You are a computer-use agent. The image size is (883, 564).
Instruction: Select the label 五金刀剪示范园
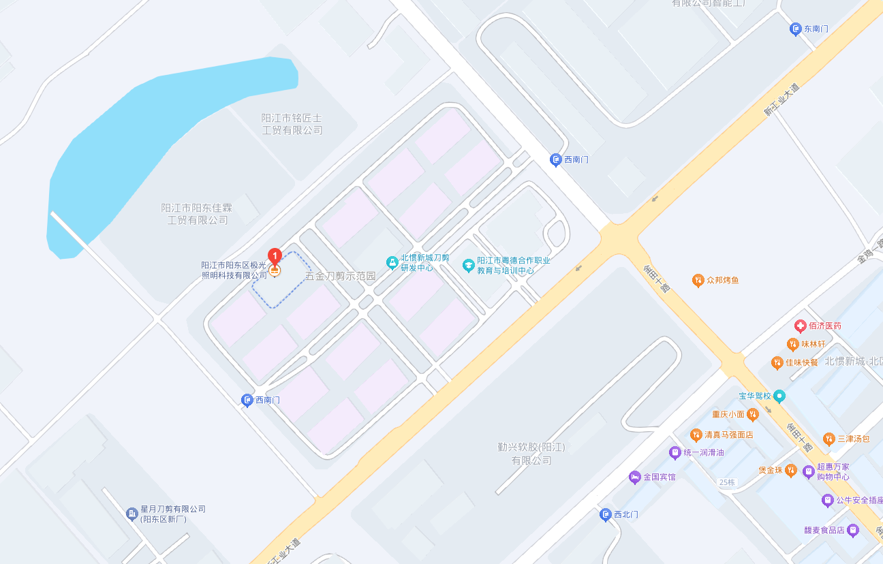(x=340, y=276)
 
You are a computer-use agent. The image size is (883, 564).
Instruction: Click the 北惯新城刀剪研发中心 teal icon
(x=392, y=262)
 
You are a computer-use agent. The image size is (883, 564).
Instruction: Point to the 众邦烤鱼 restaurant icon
(x=698, y=280)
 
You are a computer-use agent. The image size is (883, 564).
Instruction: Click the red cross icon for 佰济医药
(x=800, y=326)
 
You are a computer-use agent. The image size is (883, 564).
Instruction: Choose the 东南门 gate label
(x=816, y=29)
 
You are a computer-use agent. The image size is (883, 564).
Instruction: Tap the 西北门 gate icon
(x=605, y=514)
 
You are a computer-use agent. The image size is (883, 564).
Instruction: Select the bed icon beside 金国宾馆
(x=634, y=477)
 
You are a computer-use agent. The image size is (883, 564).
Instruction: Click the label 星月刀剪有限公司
(x=173, y=509)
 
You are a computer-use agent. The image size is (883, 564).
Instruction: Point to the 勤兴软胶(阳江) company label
(x=531, y=454)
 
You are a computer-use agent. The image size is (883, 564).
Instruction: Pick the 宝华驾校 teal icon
(x=779, y=396)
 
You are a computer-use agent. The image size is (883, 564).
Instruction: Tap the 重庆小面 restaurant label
(x=728, y=414)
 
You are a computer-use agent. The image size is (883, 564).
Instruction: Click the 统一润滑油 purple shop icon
(x=675, y=452)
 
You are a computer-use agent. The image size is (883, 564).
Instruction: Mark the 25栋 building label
(x=727, y=482)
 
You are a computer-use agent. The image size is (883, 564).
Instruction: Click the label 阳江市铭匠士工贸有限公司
(x=292, y=124)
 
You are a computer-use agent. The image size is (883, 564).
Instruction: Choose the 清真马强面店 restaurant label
(x=728, y=435)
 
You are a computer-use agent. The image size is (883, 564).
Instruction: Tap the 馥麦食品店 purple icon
(x=852, y=529)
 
